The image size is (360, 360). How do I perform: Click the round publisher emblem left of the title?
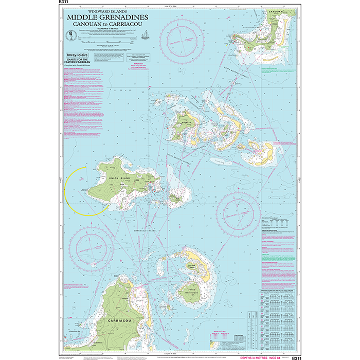pos(70,35)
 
